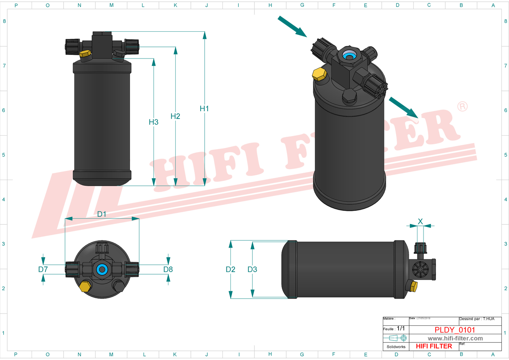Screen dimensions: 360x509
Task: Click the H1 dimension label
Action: (x=204, y=109)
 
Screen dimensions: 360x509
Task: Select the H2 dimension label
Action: (x=175, y=116)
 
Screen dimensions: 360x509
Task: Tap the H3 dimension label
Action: (x=153, y=122)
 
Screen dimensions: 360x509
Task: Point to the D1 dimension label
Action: (x=102, y=214)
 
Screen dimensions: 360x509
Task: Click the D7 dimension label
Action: (x=43, y=269)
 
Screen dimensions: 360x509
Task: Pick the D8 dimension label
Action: (x=168, y=269)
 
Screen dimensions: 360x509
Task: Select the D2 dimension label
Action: (x=231, y=269)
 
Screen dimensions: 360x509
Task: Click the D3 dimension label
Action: (x=252, y=269)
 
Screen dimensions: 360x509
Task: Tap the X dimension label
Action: (x=420, y=221)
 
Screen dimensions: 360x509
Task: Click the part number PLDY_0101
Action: (x=455, y=330)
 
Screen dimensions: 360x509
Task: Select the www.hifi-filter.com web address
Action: (x=455, y=339)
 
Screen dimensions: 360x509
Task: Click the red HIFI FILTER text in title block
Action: (x=434, y=346)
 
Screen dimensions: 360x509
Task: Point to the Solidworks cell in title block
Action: (x=396, y=347)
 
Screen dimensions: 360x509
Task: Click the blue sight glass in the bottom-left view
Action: (x=102, y=269)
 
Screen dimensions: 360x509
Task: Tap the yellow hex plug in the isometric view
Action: (x=319, y=74)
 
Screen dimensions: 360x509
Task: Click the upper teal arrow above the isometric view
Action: (x=292, y=27)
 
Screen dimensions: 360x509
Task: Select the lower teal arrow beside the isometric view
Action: (x=404, y=107)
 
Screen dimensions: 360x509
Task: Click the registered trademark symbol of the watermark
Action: (x=462, y=107)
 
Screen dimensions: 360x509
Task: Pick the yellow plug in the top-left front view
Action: (x=85, y=54)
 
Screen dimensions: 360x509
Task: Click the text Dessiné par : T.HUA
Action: (x=477, y=319)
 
